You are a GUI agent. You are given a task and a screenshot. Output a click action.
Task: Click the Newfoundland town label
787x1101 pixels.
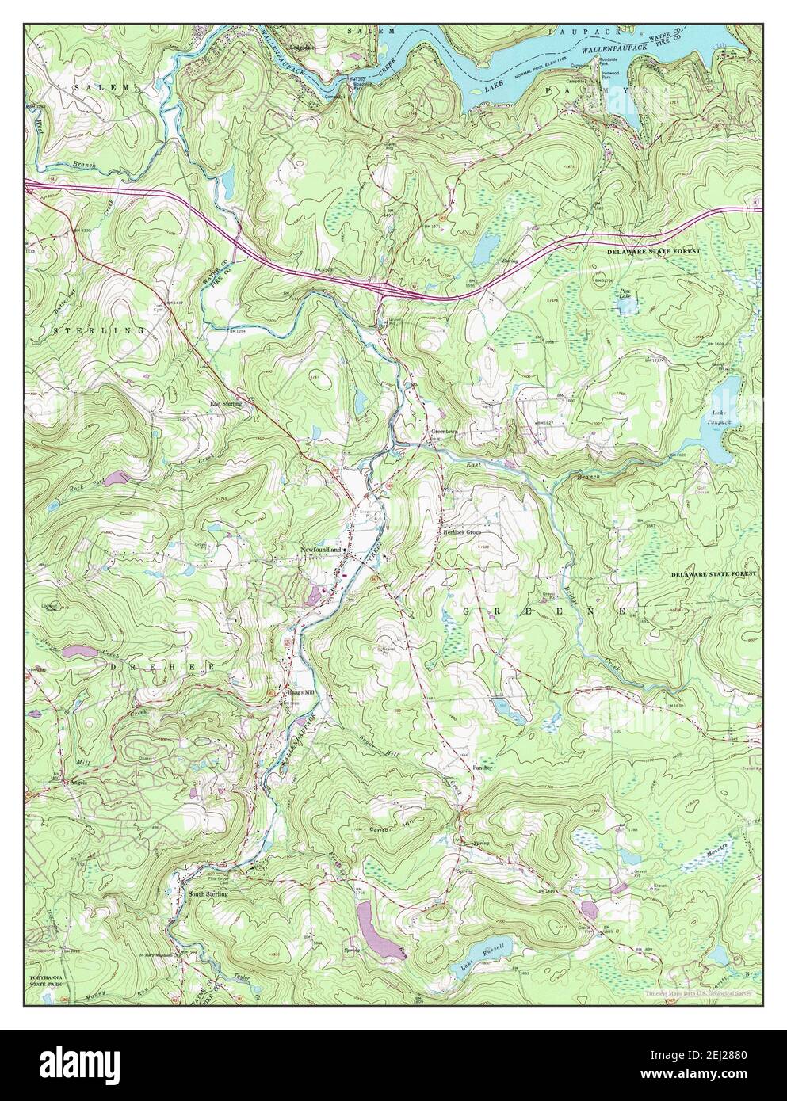[x=320, y=549]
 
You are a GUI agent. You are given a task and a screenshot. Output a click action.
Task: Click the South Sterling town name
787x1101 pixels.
[x=208, y=893]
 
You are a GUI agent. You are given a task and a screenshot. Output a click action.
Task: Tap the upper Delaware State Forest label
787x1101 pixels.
[x=654, y=251]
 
